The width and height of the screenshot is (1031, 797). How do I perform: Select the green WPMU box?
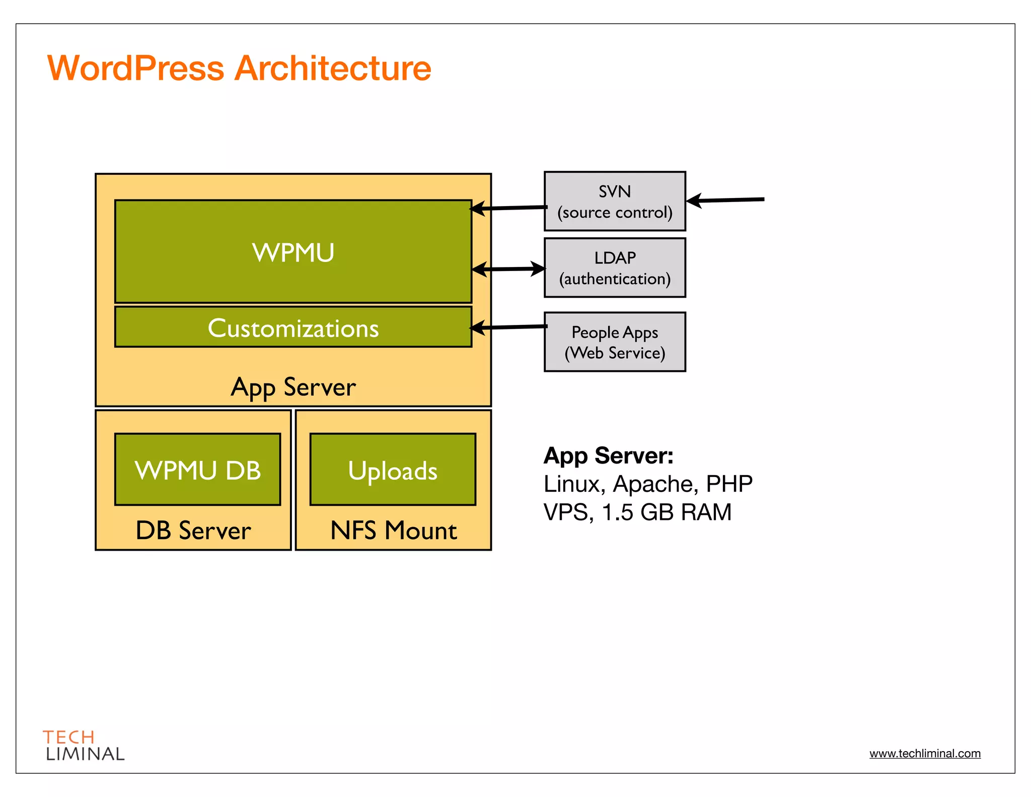pyautogui.click(x=293, y=252)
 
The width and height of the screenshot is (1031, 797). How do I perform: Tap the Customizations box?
pyautogui.click(x=293, y=327)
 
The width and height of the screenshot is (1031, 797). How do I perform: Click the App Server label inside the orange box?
pyautogui.click(x=293, y=387)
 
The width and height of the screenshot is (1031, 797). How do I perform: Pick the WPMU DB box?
pyautogui.click(x=197, y=470)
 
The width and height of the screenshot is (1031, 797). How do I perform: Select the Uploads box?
pyautogui.click(x=393, y=470)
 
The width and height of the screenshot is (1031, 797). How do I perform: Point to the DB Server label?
pyautogui.click(x=193, y=530)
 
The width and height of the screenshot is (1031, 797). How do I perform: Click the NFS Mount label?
pyautogui.click(x=393, y=530)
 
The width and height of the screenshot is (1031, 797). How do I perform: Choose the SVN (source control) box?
pyautogui.click(x=615, y=202)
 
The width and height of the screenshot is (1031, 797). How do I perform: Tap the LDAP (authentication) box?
pyautogui.click(x=615, y=268)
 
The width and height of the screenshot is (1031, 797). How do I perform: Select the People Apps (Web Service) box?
pyautogui.click(x=615, y=342)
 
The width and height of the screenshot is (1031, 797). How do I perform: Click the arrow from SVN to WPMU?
pyautogui.click(x=508, y=208)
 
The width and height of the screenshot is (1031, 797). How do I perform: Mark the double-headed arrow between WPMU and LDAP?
pyautogui.click(x=508, y=269)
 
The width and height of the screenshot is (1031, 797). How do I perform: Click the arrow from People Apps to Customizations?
pyautogui.click(x=508, y=327)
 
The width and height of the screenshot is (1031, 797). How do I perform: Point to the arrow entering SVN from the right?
pyautogui.click(x=725, y=200)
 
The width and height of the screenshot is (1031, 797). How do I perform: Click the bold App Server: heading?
pyautogui.click(x=608, y=455)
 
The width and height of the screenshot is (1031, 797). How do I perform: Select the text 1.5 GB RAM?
pyautogui.click(x=667, y=512)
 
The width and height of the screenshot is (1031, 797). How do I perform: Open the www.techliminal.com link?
pyautogui.click(x=925, y=753)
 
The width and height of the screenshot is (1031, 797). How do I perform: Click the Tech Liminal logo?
pyautogui.click(x=84, y=745)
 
